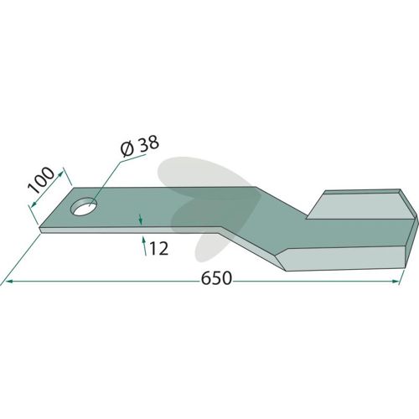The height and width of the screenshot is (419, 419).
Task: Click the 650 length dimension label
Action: click(216, 278)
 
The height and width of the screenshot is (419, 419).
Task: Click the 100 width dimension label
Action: click(42, 180)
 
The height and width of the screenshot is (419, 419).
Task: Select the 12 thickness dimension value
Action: click(159, 249)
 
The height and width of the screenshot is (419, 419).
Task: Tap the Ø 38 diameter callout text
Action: click(140, 146)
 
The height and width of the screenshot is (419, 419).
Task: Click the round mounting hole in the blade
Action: click(84, 206)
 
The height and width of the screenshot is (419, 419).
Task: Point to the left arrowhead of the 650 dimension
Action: click(9, 282)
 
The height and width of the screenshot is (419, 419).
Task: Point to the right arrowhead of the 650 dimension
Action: click(396, 282)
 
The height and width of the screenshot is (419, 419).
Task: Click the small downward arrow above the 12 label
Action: click(141, 220)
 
